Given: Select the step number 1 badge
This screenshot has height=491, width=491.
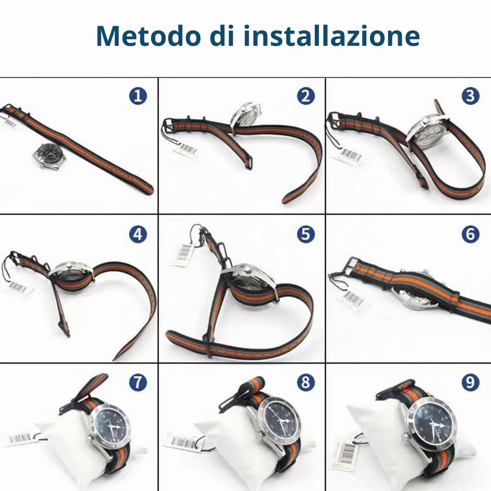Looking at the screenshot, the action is point(138,96).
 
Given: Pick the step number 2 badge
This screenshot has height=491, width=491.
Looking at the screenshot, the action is point(306,96).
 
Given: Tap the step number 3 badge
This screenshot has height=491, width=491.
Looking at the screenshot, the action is point(471,96).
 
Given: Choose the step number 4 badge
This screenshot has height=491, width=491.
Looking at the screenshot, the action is point(138,234).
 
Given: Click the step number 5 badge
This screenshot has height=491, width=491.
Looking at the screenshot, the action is point(306,234).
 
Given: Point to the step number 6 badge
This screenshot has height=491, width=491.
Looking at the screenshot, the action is point(471,234).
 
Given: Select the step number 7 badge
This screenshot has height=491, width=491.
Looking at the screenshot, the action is point(138,383).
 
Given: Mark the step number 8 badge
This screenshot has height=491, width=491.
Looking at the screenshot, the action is point(306,383).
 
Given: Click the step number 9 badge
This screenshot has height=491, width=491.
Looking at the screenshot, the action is point(471,383).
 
